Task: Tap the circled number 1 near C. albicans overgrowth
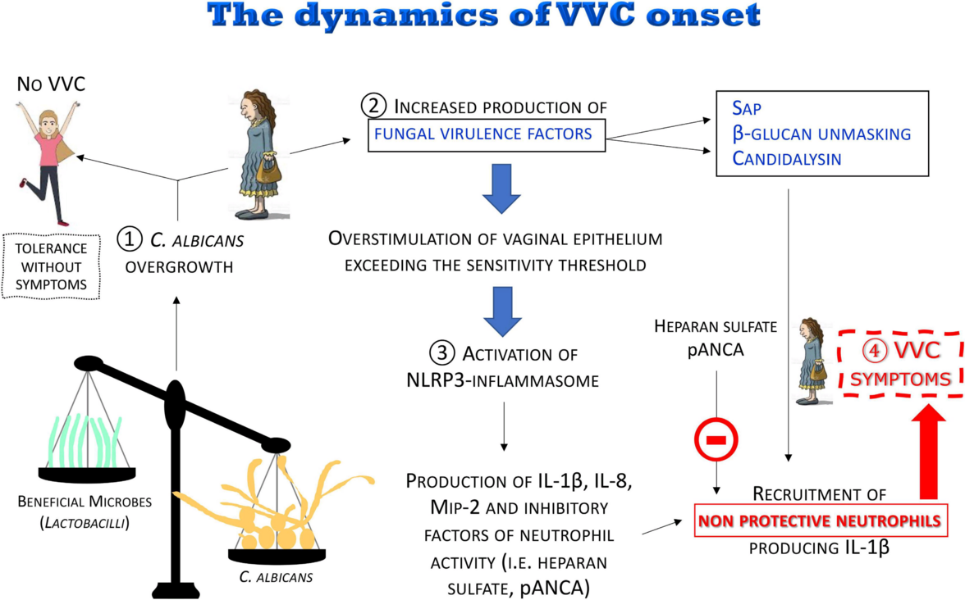tap(129, 239)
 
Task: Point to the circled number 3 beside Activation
tap(441, 354)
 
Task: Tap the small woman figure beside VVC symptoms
tap(812, 359)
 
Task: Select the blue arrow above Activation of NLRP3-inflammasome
tap(502, 306)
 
